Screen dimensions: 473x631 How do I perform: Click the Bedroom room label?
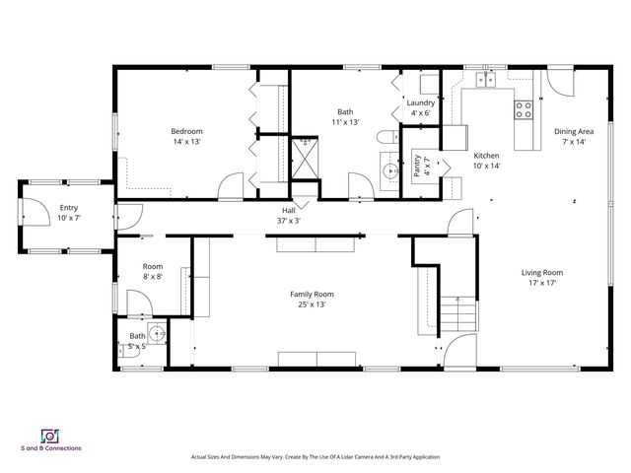pos(186,131)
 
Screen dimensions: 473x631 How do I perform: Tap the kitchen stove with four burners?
pos(524,109)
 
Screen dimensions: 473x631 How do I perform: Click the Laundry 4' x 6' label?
pos(421,107)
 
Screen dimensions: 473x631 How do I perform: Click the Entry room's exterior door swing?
pos(33,210)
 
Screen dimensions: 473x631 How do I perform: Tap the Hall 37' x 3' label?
pos(288,215)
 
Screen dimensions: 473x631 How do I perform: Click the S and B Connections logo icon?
pos(49,436)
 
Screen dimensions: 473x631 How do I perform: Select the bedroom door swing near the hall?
pos(232,185)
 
